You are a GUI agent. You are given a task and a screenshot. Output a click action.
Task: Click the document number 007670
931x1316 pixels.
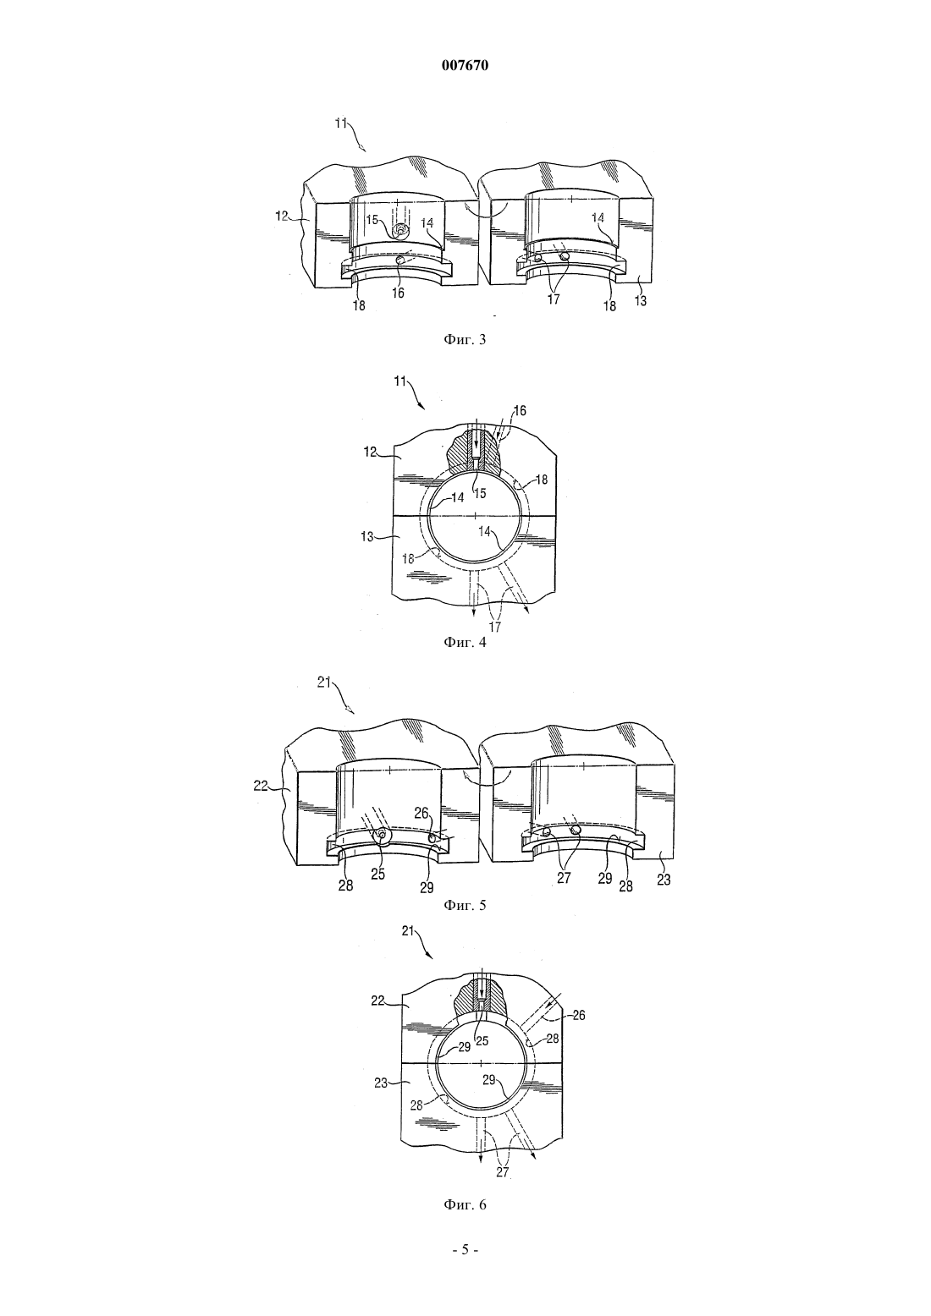click(465, 66)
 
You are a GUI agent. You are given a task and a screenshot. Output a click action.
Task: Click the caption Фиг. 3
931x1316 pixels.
click(465, 339)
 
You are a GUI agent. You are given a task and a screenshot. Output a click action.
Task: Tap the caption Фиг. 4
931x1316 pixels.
click(465, 642)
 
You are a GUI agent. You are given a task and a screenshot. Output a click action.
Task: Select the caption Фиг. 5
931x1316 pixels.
click(465, 905)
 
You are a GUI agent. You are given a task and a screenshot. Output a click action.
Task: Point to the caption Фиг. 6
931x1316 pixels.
click(465, 1205)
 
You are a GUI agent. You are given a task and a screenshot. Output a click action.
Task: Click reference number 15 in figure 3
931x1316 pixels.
click(372, 220)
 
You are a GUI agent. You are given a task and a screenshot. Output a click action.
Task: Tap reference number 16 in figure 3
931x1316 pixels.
click(398, 293)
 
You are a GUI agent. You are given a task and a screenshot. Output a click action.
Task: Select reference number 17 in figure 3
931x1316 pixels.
click(553, 299)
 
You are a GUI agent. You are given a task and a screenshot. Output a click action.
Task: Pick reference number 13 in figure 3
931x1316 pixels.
click(640, 300)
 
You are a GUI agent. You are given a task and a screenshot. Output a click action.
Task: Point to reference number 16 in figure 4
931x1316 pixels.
click(521, 411)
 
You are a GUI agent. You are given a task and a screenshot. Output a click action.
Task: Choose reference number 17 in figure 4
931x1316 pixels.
click(495, 627)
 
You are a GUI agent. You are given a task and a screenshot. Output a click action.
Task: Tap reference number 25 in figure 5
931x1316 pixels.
click(378, 874)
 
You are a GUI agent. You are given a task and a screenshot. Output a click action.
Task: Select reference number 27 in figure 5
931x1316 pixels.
click(564, 880)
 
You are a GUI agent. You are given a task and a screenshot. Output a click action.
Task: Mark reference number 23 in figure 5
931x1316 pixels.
click(664, 880)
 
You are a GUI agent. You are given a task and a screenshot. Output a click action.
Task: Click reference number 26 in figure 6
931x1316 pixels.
click(578, 1015)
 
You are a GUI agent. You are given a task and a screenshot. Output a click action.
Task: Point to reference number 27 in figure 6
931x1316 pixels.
click(502, 1173)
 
